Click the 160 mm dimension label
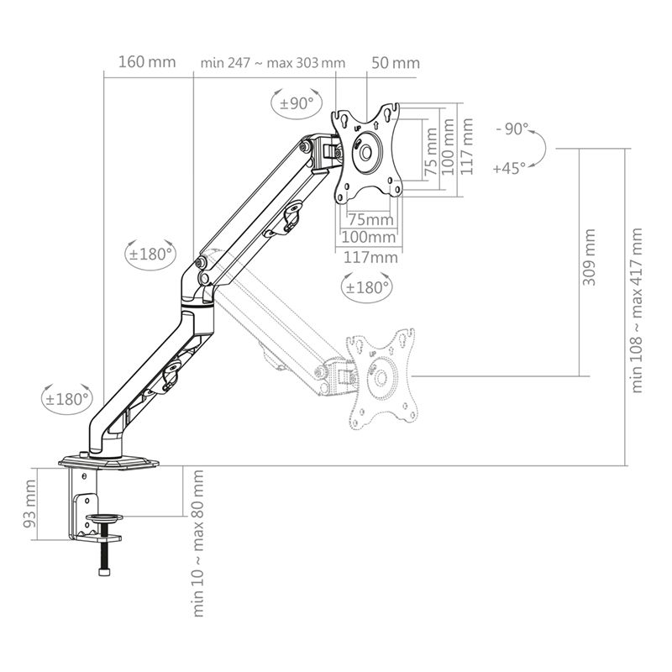pyautogui.click(x=147, y=63)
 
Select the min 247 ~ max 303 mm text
pyautogui.click(x=273, y=63)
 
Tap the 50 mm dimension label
pyautogui.click(x=395, y=63)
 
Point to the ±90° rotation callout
pyautogui.click(x=297, y=103)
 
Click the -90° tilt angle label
pyautogui.click(x=512, y=129)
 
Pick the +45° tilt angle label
pyautogui.click(x=511, y=168)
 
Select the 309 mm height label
pyautogui.click(x=590, y=256)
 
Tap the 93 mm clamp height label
pyautogui.click(x=31, y=502)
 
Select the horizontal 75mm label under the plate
pyautogui.click(x=370, y=220)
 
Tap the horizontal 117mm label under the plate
pyautogui.click(x=370, y=257)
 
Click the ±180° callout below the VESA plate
pyautogui.click(x=366, y=286)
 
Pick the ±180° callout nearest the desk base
pyautogui.click(x=68, y=397)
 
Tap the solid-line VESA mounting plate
pyautogui.click(x=367, y=151)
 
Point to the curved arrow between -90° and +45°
pyautogui.click(x=542, y=150)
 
